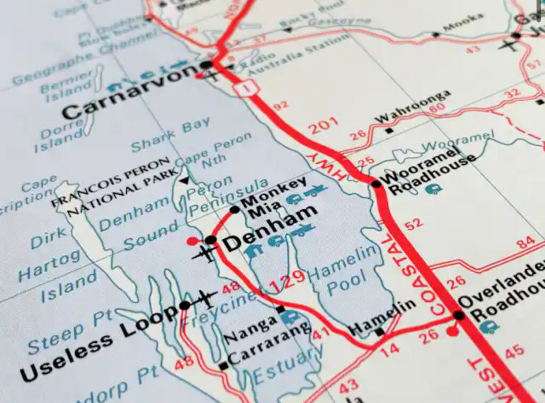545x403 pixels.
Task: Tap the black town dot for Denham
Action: (211, 240)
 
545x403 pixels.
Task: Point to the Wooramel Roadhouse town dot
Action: (376, 184)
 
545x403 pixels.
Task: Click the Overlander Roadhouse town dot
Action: (458, 315)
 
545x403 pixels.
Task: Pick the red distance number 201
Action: (323, 127)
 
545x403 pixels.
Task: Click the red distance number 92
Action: (280, 106)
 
